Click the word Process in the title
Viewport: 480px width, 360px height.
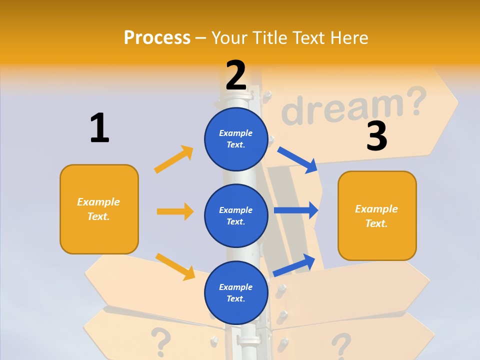tap(157, 38)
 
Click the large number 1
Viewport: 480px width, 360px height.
tap(99, 128)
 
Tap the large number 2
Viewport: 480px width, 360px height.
tap(236, 75)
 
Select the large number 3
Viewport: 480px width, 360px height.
tap(376, 135)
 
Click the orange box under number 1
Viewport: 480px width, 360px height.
tap(99, 209)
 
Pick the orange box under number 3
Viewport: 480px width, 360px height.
tap(377, 215)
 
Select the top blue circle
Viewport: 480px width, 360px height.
tap(236, 139)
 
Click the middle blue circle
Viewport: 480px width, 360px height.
tap(236, 215)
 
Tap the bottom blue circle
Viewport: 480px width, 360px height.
tap(236, 292)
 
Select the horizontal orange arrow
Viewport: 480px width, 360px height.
tap(175, 211)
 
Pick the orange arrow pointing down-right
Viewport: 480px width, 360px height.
tap(175, 266)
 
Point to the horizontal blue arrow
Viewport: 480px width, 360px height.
tap(296, 210)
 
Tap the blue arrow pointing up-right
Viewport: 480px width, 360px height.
tap(294, 265)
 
